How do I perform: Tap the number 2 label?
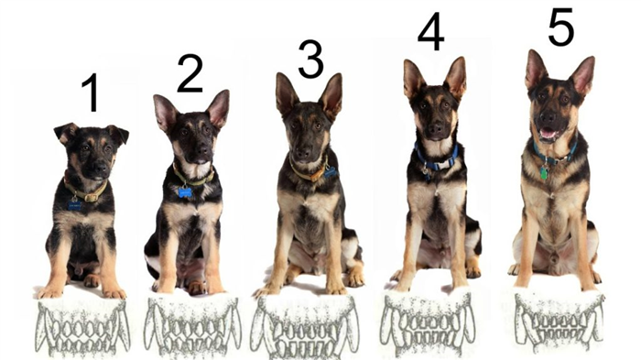pos(190,74)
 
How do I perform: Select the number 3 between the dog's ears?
pos(310,60)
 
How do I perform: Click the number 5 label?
pos(560,26)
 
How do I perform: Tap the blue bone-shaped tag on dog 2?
pos(185,191)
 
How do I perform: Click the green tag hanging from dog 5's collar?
pos(543,173)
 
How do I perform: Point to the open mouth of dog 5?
pos(549,134)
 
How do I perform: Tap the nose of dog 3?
pos(303,153)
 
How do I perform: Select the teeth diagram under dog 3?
pos(305,326)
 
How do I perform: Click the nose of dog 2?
pos(202,149)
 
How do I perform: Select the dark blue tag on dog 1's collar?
pos(75,205)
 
